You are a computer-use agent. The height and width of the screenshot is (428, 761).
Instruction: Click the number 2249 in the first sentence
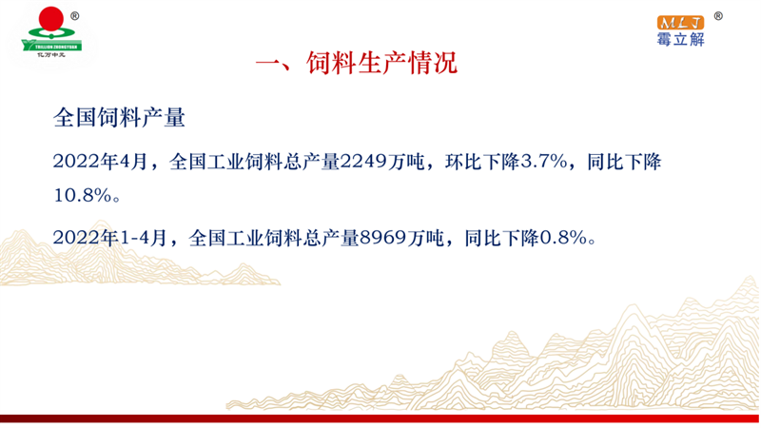click(x=364, y=162)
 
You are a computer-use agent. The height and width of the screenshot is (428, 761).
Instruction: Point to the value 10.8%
click(x=83, y=196)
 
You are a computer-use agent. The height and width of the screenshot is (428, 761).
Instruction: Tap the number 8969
click(x=383, y=238)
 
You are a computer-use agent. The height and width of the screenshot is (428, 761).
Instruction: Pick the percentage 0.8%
click(x=563, y=238)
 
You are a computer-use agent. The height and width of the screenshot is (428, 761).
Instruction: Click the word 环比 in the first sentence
click(x=463, y=162)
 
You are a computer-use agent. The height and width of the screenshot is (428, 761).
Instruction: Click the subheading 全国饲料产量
click(x=119, y=117)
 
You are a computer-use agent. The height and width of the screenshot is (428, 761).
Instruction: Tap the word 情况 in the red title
click(x=433, y=63)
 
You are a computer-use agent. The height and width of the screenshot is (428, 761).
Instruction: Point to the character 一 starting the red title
click(x=268, y=64)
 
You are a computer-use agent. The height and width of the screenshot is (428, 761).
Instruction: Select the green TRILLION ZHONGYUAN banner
click(x=51, y=45)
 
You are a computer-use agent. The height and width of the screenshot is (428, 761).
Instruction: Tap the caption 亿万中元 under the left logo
click(x=51, y=55)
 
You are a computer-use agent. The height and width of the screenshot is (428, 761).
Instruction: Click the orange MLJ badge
click(x=680, y=22)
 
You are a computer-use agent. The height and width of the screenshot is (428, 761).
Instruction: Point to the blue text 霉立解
click(x=680, y=39)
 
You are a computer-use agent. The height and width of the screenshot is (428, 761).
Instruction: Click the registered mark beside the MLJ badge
click(x=718, y=16)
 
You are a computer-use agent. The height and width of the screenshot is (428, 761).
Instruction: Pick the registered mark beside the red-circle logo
click(x=75, y=16)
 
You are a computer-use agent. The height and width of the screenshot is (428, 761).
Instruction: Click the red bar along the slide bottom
click(x=380, y=418)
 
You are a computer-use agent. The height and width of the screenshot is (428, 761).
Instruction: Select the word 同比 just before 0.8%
click(x=483, y=238)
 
